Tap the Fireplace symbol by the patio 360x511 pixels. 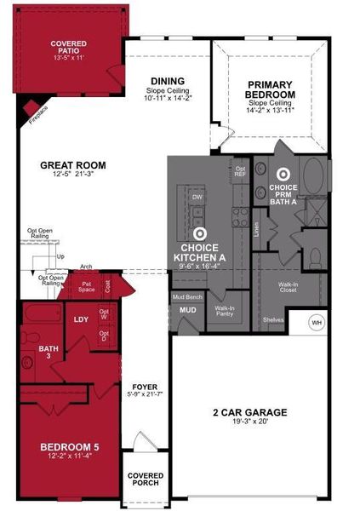31,108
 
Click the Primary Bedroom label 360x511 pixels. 271,90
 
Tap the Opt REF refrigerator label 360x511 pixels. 240,170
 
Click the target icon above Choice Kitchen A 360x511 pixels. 200,232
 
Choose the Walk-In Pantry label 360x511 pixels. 225,312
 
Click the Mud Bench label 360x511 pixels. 186,297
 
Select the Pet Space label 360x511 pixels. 87,289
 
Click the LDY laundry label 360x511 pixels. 82,319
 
